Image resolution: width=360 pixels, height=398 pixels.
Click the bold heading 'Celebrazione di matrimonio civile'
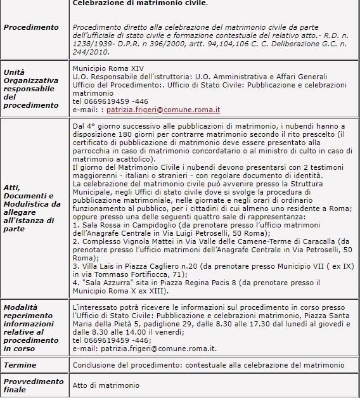(x=140, y=3)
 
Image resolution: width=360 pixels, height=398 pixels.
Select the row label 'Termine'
(x=20, y=365)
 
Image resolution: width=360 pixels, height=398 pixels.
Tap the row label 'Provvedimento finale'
(x=34, y=385)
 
